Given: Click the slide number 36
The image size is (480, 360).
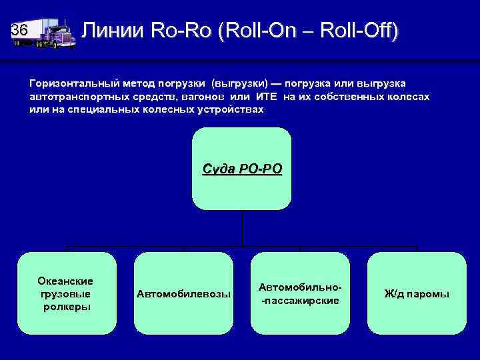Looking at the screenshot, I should click(x=20, y=31).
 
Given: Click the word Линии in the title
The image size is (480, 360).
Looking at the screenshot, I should click(x=113, y=31).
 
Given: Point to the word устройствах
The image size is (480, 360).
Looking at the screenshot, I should click(x=227, y=109).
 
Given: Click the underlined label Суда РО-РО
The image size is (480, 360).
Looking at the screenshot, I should click(x=242, y=168).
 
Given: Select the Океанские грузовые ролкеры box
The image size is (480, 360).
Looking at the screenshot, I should click(x=67, y=293).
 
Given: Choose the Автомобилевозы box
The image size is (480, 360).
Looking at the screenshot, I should click(x=183, y=293).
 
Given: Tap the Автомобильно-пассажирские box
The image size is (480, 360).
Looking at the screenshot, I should click(x=300, y=293).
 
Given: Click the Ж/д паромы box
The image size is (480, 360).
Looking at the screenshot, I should click(x=417, y=293).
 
